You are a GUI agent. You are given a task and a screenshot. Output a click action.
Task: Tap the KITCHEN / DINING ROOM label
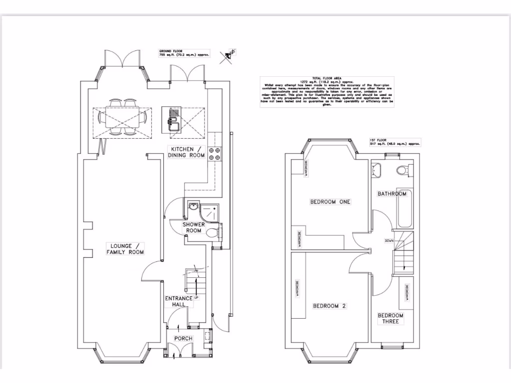[187, 153]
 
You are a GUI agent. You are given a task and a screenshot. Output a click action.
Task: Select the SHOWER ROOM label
[194, 227]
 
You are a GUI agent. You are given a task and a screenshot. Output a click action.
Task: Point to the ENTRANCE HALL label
[179, 301]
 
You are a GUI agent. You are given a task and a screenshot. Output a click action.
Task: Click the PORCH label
[183, 339]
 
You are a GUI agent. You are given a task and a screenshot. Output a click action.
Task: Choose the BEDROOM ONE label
[330, 202]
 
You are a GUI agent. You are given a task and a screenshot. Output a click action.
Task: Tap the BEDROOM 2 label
[329, 306]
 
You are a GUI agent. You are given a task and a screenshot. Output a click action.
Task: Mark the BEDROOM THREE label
[390, 319]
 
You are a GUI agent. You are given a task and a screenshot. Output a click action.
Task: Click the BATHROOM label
[392, 193]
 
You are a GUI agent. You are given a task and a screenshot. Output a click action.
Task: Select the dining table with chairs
[122, 118]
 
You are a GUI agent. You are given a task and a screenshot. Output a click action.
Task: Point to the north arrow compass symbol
[230, 55]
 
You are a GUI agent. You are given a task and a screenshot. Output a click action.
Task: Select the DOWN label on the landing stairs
[389, 241]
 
